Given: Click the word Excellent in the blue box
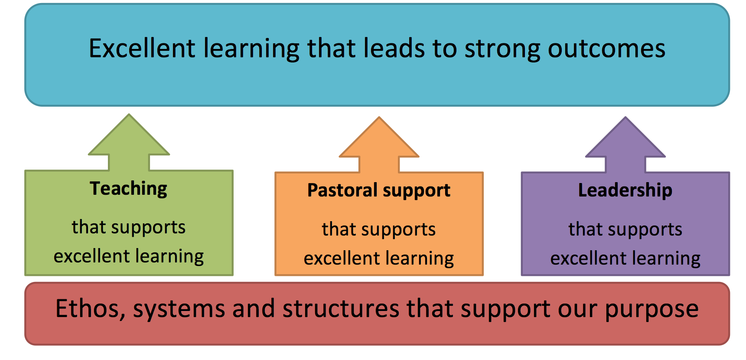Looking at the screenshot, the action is tap(142, 48).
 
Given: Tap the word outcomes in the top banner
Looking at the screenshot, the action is tap(606, 49).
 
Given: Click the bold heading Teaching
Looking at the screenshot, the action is tap(129, 189).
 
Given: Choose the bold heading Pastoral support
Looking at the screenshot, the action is tap(379, 191).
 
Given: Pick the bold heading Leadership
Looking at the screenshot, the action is tap(625, 190).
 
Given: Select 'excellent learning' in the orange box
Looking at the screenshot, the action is tap(379, 259).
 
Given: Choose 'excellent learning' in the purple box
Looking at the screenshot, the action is tap(625, 259).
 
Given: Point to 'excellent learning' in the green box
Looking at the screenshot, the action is tap(129, 257).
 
